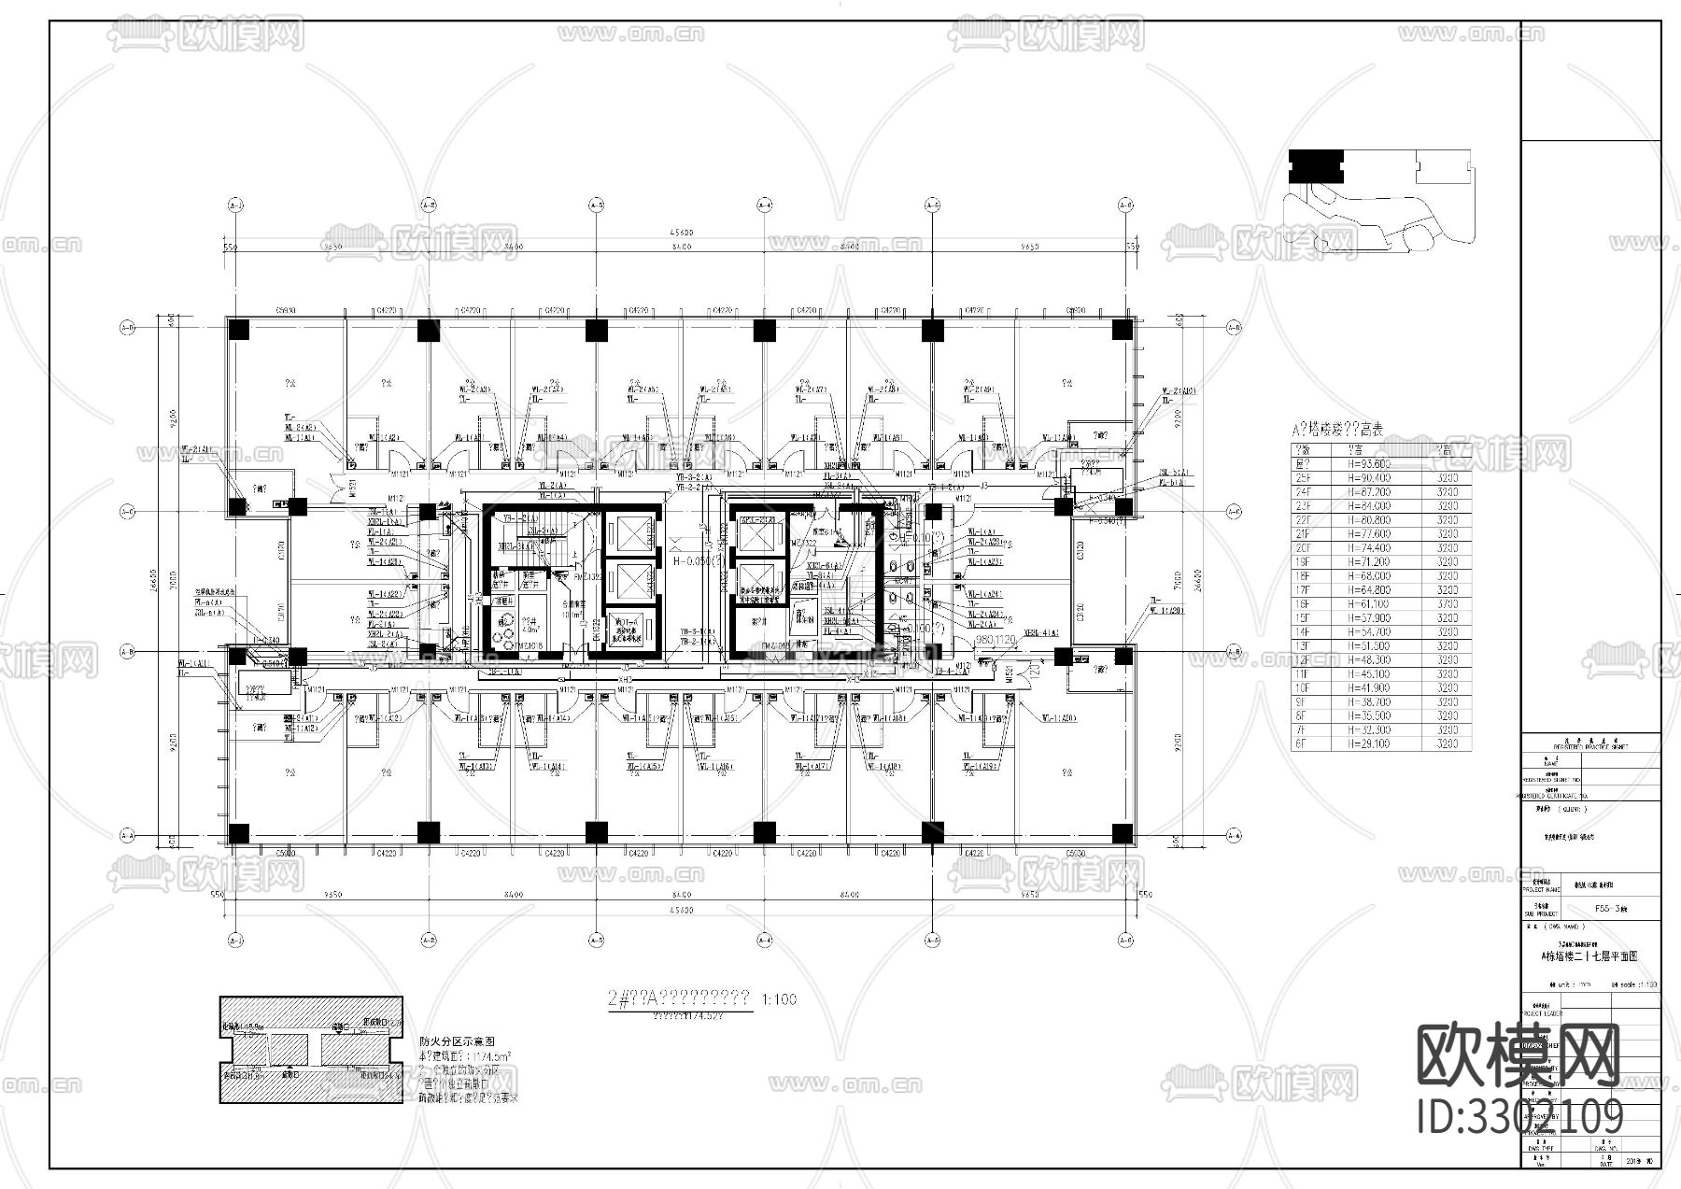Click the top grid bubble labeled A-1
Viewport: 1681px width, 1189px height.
pyautogui.click(x=235, y=204)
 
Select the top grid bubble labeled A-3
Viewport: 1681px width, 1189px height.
pyautogui.click(x=596, y=204)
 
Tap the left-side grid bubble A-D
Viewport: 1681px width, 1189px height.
pyautogui.click(x=128, y=328)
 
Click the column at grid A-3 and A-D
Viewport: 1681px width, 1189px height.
pyautogui.click(x=596, y=330)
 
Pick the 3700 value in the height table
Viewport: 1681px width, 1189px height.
pyautogui.click(x=1447, y=604)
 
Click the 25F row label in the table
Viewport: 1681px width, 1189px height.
pyautogui.click(x=1303, y=477)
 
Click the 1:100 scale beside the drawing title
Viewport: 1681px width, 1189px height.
pyautogui.click(x=779, y=999)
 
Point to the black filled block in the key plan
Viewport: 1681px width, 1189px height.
pyautogui.click(x=1316, y=165)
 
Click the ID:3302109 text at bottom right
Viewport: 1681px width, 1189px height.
pyautogui.click(x=1519, y=1117)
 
